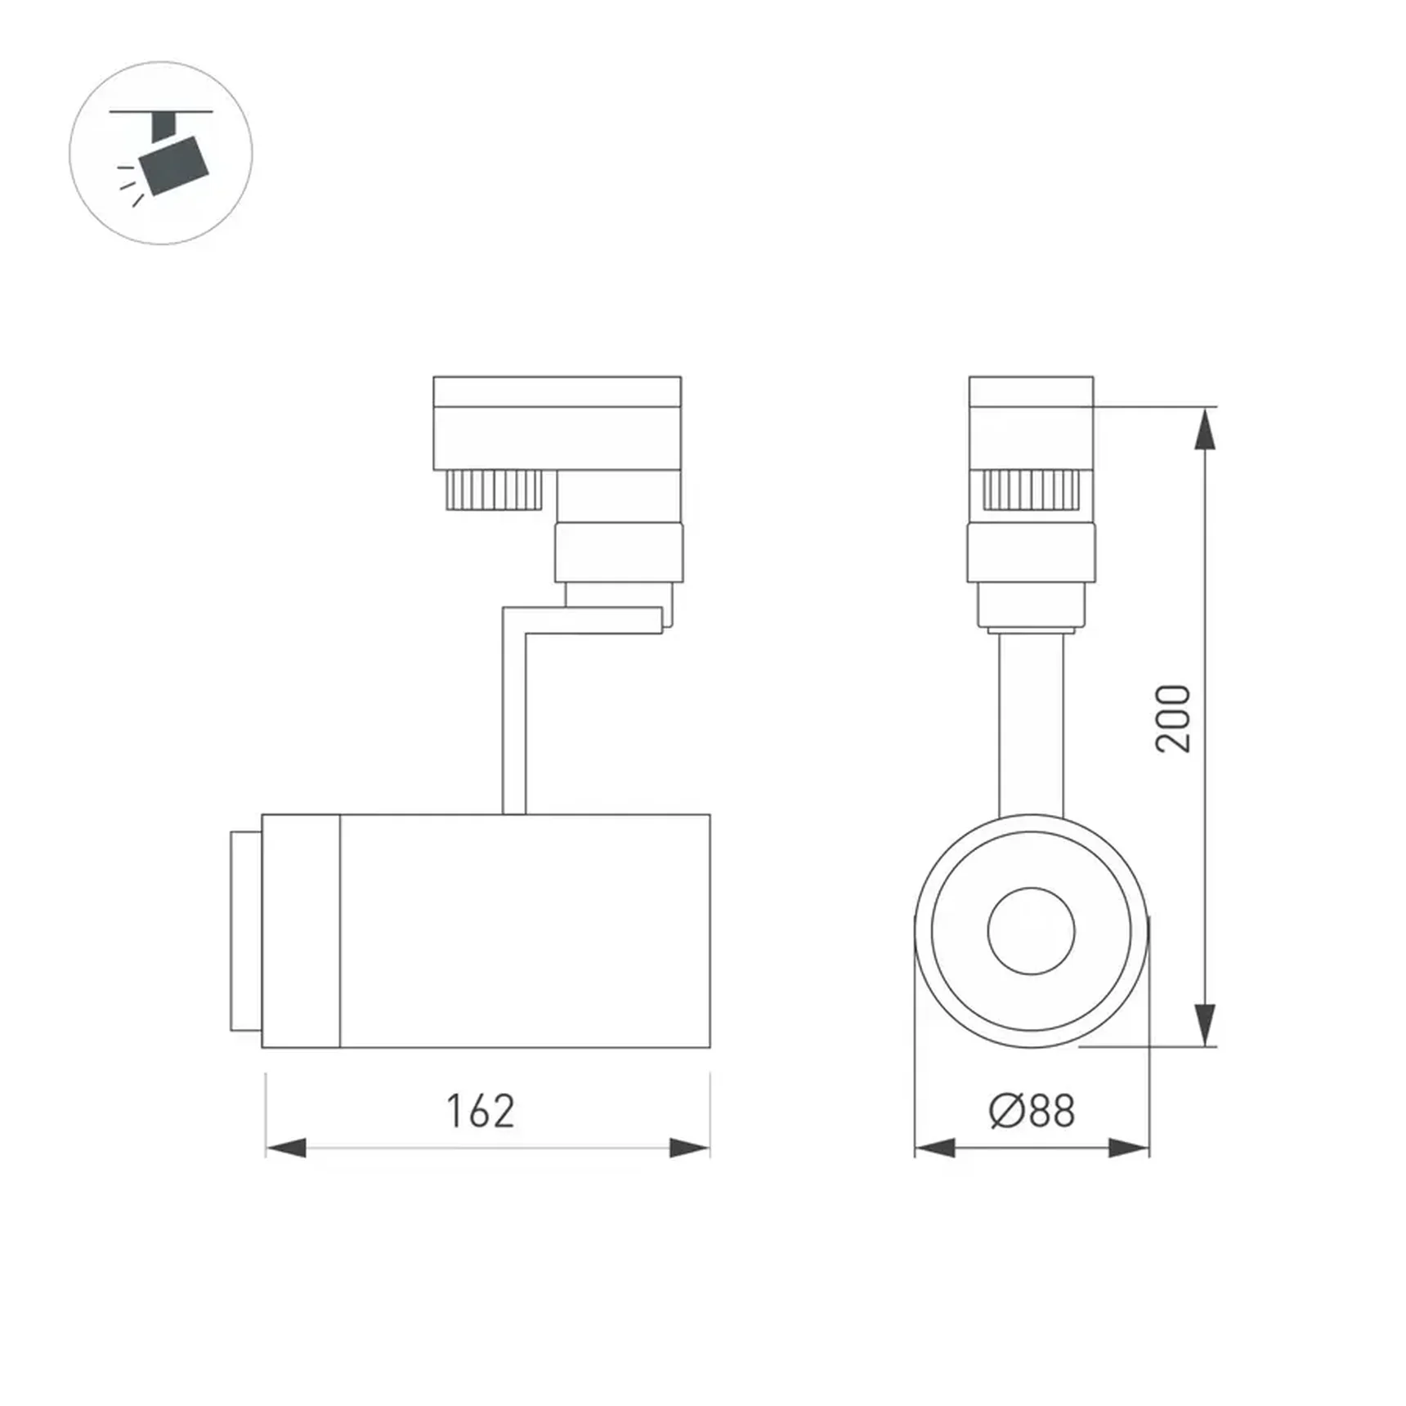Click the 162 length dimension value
click(x=481, y=1111)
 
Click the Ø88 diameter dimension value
click(x=1032, y=1111)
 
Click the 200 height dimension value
click(x=1174, y=719)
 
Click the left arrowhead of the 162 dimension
click(x=286, y=1148)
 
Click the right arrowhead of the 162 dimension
click(x=689, y=1148)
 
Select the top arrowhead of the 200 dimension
click(x=1205, y=430)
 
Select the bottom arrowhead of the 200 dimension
click(x=1205, y=1023)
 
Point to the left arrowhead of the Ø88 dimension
click(x=934, y=1148)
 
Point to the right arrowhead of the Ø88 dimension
click(x=1129, y=1148)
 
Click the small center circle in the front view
click(x=1031, y=931)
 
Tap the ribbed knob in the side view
click(x=494, y=490)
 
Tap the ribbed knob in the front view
click(x=1031, y=490)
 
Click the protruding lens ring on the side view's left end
click(x=245, y=931)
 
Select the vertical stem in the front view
click(x=1031, y=723)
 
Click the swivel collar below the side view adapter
click(x=619, y=553)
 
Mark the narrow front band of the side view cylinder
click(x=301, y=931)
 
